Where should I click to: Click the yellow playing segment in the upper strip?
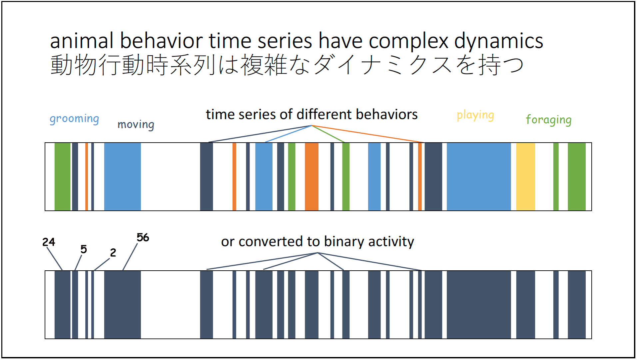pyautogui.click(x=525, y=177)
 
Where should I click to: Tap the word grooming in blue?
pyautogui.click(x=74, y=119)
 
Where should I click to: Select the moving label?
pyautogui.click(x=136, y=125)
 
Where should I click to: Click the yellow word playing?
pyautogui.click(x=475, y=115)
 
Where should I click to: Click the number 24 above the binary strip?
pyautogui.click(x=49, y=242)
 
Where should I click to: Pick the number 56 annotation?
pyautogui.click(x=143, y=237)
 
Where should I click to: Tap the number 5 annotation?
pyautogui.click(x=84, y=249)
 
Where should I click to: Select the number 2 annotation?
pyautogui.click(x=113, y=253)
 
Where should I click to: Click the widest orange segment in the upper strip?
pyautogui.click(x=312, y=177)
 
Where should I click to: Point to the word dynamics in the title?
pyautogui.click(x=499, y=41)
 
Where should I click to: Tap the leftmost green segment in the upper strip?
pyautogui.click(x=62, y=177)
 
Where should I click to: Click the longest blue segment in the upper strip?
pyautogui.click(x=479, y=177)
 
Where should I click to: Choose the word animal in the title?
pyautogui.click(x=82, y=41)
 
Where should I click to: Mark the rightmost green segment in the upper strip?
pyautogui.click(x=577, y=177)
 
